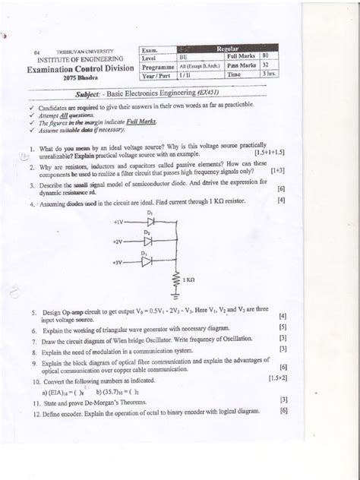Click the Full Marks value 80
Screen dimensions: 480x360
[x=265, y=56]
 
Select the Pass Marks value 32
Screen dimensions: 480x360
[x=265, y=66]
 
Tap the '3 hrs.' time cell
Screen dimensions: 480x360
[x=268, y=76]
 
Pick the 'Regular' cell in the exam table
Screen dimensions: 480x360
[x=229, y=47]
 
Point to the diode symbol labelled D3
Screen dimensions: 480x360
[x=148, y=261]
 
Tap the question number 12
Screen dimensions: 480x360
[x=35, y=411]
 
